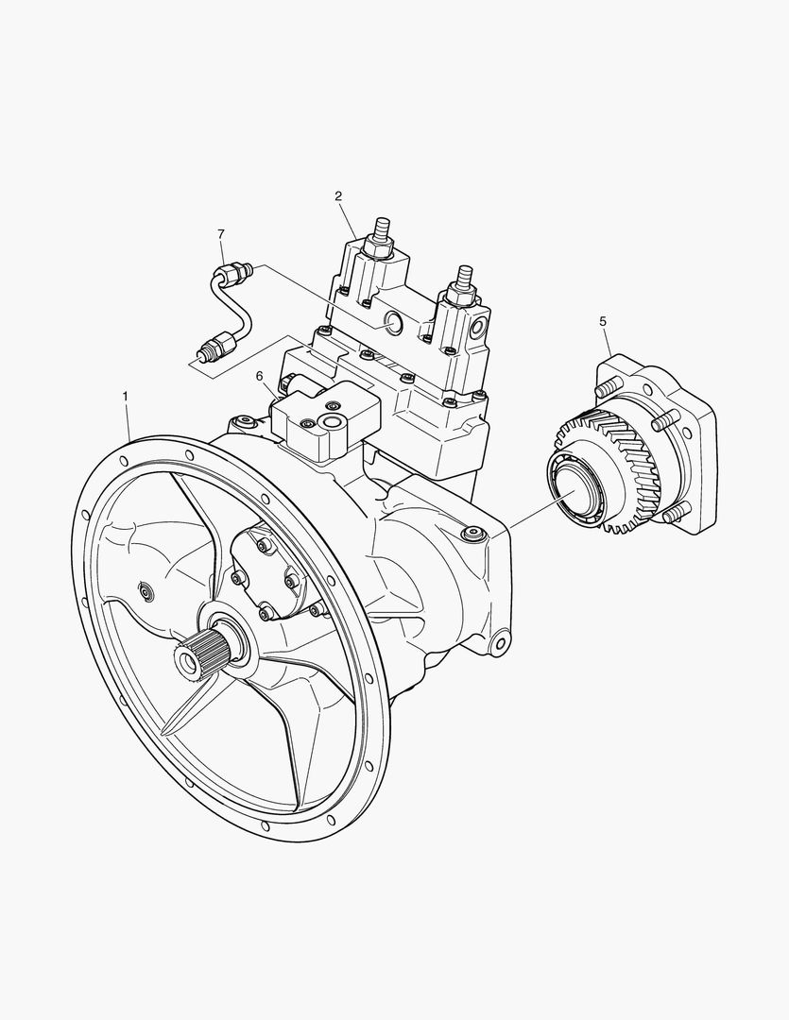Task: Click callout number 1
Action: pos(126,395)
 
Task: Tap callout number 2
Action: pos(338,195)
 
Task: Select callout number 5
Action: pos(602,321)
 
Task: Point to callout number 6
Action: pos(259,375)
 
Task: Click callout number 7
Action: pos(221,233)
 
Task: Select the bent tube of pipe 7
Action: pos(228,307)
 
